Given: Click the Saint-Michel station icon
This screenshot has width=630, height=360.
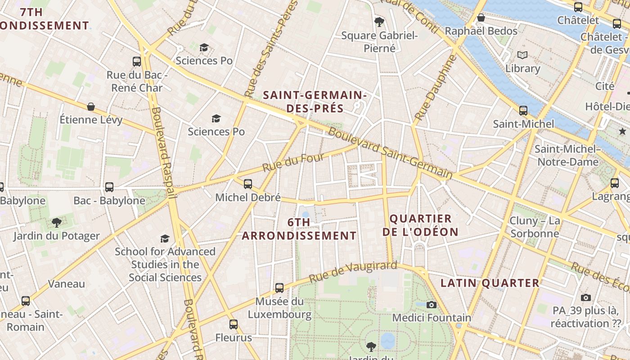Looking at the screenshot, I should (x=523, y=110).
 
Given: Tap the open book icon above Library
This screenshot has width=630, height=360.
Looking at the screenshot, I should (x=522, y=55).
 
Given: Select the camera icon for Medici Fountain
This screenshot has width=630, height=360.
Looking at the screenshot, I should (x=432, y=305).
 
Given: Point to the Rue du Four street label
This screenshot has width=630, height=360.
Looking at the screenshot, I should (x=281, y=162).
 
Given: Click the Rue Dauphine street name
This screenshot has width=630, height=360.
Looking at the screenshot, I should (x=435, y=87).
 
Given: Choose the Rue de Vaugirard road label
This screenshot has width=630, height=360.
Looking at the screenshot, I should (x=354, y=272).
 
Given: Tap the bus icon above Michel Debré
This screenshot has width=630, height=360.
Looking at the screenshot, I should (x=247, y=184).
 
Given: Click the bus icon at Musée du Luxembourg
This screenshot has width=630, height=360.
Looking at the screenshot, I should (x=279, y=288).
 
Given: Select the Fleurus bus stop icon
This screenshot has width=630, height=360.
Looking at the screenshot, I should (x=233, y=324).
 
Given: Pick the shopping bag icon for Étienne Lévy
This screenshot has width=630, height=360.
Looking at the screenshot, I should (x=91, y=107).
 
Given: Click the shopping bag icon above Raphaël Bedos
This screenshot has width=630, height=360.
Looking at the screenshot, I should (x=481, y=18).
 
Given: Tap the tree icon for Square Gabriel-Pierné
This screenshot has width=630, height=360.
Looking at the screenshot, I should (x=379, y=21).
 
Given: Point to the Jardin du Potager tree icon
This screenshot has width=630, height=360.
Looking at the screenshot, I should (x=56, y=222).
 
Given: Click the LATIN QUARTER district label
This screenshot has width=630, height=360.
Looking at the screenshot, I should (x=490, y=283).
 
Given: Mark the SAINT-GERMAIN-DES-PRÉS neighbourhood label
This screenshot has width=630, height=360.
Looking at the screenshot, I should (x=315, y=102).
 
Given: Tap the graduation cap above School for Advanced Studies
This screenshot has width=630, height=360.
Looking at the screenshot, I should (x=165, y=238).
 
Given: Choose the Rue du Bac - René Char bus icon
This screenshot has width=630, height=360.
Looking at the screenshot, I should (x=137, y=61).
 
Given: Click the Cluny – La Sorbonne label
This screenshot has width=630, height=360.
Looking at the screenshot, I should (x=535, y=227).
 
